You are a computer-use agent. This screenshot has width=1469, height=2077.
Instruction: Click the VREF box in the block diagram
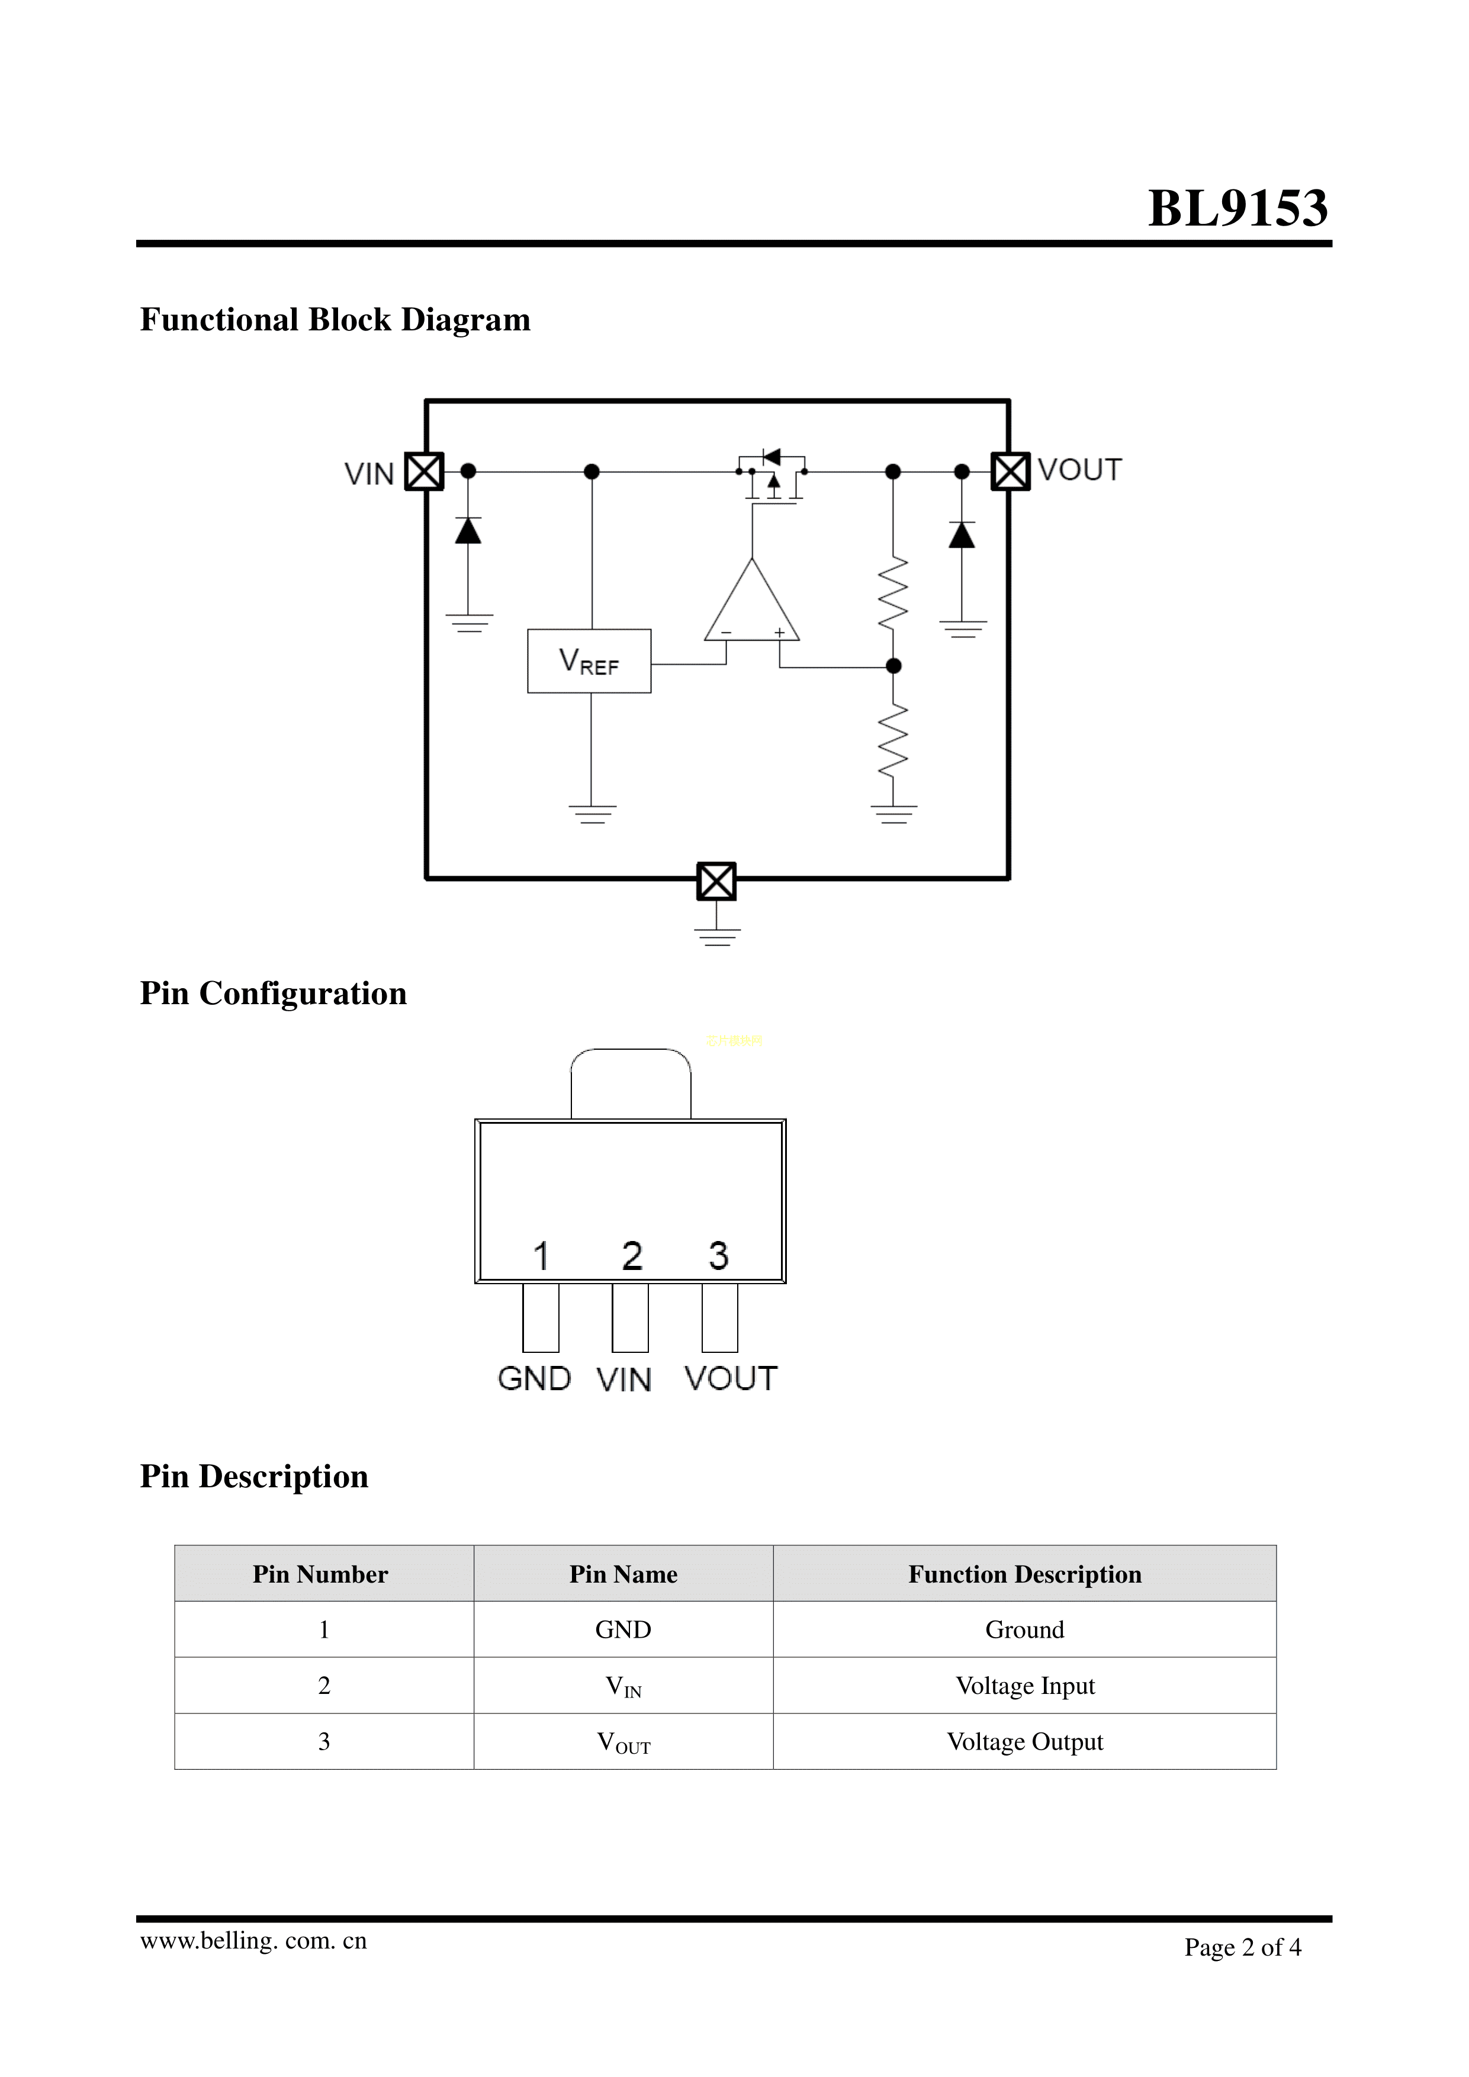(x=589, y=661)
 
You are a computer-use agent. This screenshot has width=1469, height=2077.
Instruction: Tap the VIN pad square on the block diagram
(x=423, y=471)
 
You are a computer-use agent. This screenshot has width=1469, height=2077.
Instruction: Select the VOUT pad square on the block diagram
(x=1010, y=471)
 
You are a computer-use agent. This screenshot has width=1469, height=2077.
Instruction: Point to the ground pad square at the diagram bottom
(x=716, y=881)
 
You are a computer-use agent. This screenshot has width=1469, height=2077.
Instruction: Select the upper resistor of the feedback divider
(x=893, y=591)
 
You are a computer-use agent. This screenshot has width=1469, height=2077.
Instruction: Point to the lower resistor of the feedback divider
(x=893, y=741)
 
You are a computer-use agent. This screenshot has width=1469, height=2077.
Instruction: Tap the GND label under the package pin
(x=533, y=1378)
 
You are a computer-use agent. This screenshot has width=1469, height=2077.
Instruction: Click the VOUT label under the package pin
(x=731, y=1378)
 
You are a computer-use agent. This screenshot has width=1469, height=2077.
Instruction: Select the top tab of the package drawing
(x=631, y=1083)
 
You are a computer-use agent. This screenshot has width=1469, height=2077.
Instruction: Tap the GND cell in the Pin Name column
(x=623, y=1630)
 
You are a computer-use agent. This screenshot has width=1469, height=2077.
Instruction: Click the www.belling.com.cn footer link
(x=253, y=1940)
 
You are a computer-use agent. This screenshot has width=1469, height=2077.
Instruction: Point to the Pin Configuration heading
(x=273, y=994)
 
